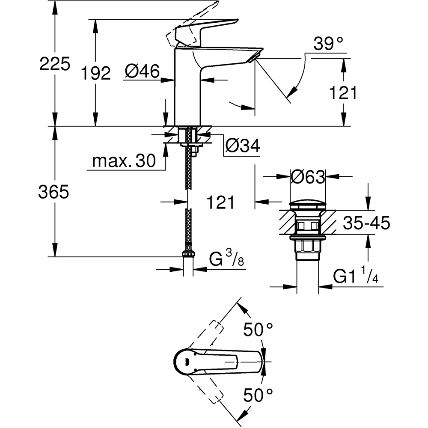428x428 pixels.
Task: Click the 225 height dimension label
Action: [54, 64]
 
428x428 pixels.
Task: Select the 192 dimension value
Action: [95, 73]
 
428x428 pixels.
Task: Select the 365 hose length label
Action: [53, 192]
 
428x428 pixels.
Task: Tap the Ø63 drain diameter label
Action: [308, 176]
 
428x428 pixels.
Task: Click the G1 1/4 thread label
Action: [356, 277]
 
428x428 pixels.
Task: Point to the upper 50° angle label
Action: [258, 330]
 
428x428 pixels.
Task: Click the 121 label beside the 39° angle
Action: [342, 92]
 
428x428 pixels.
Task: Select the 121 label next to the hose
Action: [220, 202]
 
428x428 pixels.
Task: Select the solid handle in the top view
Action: [214, 362]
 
